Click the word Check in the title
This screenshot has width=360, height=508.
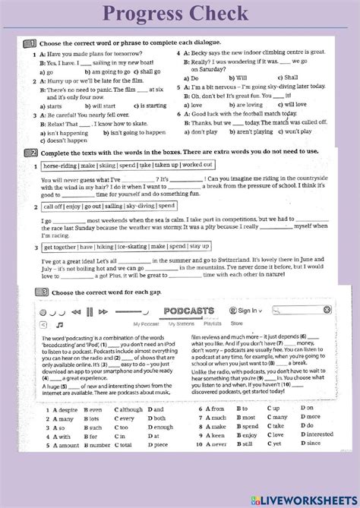[x=220, y=13]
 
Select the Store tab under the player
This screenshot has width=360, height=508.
[x=236, y=323]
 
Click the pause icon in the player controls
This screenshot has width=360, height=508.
[x=90, y=311]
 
